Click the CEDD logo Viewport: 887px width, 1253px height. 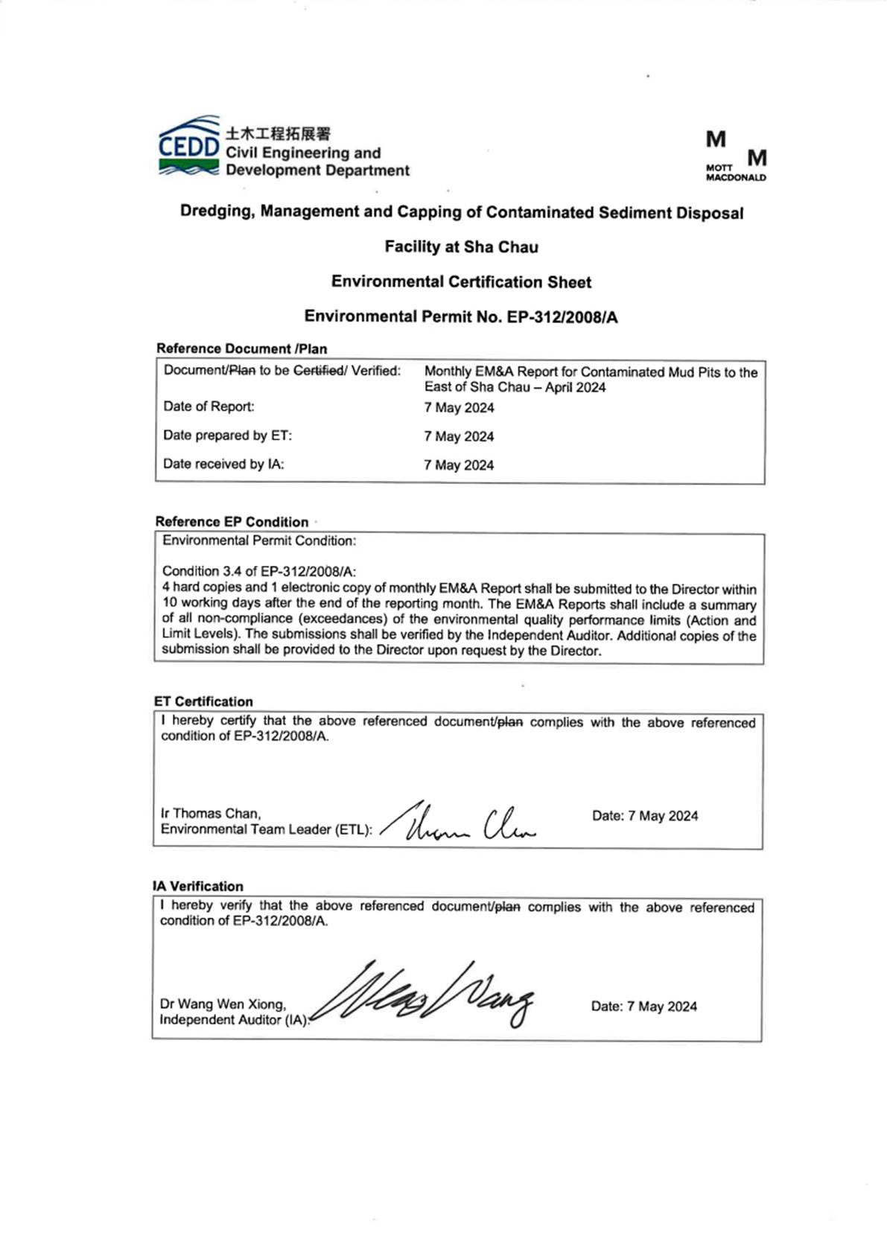pyautogui.click(x=189, y=147)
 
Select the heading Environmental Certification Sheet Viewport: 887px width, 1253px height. pyautogui.click(x=461, y=282)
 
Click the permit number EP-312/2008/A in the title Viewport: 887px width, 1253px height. pyautogui.click(x=562, y=317)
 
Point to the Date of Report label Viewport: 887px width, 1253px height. pyautogui.click(x=209, y=406)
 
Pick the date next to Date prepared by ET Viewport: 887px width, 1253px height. pyautogui.click(x=459, y=437)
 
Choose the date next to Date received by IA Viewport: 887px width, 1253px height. pyautogui.click(x=459, y=465)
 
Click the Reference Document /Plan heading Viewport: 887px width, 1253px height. pyautogui.click(x=241, y=348)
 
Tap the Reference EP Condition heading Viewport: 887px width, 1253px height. pyautogui.click(x=232, y=522)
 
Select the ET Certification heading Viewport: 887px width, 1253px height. pyautogui.click(x=203, y=701)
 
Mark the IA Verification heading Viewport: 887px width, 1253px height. pyautogui.click(x=198, y=887)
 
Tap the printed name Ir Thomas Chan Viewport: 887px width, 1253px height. pyautogui.click(x=211, y=814)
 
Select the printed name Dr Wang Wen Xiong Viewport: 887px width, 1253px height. pyautogui.click(x=223, y=1004)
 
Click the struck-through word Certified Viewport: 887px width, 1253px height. pyautogui.click(x=319, y=371)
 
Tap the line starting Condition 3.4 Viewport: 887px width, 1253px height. pyautogui.click(x=259, y=572)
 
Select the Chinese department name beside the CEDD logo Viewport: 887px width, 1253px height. pyautogui.click(x=278, y=134)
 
